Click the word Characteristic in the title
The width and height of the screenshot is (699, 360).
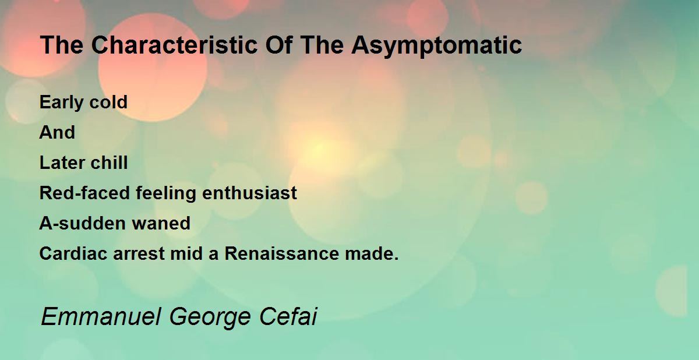(x=174, y=45)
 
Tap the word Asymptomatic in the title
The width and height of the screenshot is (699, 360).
(x=436, y=46)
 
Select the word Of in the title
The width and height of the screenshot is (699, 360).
(x=279, y=45)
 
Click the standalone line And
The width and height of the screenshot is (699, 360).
(x=57, y=132)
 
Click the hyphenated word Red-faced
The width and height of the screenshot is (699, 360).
(x=84, y=193)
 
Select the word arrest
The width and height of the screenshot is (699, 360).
(x=139, y=254)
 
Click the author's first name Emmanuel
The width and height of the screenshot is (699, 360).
(x=101, y=317)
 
